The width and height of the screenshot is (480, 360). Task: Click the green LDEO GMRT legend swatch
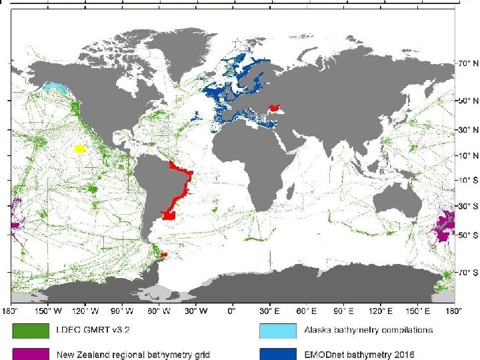(x=29, y=330)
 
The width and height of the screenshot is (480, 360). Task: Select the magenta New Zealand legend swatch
(x=29, y=353)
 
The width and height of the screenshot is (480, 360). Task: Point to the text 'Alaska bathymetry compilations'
(x=368, y=330)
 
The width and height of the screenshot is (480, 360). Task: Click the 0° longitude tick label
(x=232, y=310)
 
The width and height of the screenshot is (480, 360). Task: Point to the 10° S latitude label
(x=467, y=180)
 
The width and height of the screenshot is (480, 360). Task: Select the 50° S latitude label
(x=467, y=235)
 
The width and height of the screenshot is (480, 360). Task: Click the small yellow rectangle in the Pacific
(x=80, y=149)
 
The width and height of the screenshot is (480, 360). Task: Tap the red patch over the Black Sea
(x=274, y=107)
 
